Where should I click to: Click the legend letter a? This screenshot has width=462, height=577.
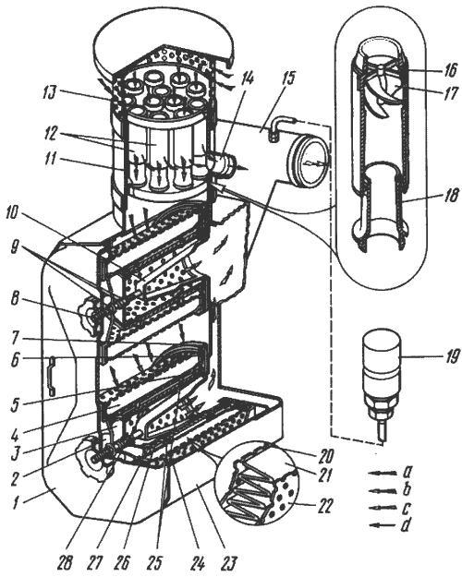point(407,471)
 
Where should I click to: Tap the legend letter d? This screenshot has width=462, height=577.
point(406,525)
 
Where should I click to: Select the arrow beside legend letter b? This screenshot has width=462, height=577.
point(382,490)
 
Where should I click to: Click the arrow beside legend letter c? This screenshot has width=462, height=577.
point(382,508)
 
